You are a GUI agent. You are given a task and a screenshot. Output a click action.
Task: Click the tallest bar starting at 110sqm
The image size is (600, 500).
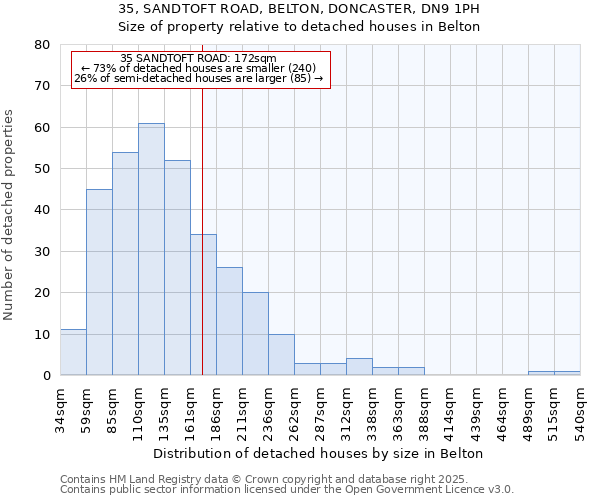point(151,249)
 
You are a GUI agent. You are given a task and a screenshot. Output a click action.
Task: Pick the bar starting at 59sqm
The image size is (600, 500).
point(99,282)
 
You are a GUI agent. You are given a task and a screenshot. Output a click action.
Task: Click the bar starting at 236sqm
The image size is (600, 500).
point(281,354)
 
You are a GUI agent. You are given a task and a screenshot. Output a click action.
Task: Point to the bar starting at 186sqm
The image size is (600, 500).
point(229,321)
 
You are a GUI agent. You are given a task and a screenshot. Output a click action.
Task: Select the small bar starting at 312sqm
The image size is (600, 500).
point(359,366)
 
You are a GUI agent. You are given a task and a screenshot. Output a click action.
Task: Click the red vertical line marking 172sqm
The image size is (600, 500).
point(202,230)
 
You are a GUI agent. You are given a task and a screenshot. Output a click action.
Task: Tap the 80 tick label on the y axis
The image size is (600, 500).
point(42,45)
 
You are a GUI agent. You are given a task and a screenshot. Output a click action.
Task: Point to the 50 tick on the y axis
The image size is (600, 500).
point(42,169)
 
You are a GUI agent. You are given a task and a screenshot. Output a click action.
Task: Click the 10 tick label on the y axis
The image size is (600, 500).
point(42,334)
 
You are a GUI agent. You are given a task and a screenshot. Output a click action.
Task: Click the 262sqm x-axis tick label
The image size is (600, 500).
point(294,410)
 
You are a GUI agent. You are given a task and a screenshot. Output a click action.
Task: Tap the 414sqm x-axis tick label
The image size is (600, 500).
point(450,410)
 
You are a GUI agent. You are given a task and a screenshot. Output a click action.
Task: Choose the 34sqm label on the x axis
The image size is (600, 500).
point(60,410)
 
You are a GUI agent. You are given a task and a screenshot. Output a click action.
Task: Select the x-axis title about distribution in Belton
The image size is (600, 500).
point(320,453)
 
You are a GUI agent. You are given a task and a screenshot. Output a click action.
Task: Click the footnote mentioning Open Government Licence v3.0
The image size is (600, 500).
point(287,490)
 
